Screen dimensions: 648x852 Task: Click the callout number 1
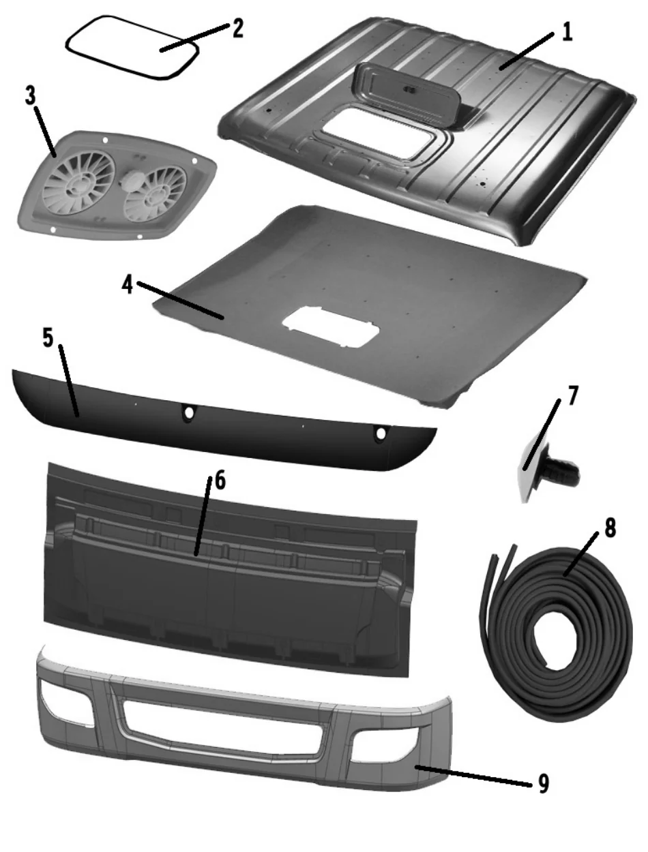click(x=568, y=32)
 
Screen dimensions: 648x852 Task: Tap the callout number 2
click(x=238, y=29)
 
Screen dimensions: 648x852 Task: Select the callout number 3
click(x=30, y=95)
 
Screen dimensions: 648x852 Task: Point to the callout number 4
click(x=128, y=286)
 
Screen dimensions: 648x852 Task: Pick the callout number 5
click(x=48, y=337)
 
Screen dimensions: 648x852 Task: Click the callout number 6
click(x=220, y=481)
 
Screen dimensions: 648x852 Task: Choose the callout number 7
click(x=573, y=395)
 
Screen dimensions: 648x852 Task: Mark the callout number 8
click(x=610, y=528)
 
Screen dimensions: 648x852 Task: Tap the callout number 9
click(x=544, y=782)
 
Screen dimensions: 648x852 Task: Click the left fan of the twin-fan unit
click(x=78, y=183)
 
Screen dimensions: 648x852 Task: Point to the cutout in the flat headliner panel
click(x=331, y=326)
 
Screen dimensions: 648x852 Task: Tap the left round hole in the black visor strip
click(x=189, y=412)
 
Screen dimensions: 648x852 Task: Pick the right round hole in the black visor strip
click(x=381, y=433)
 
